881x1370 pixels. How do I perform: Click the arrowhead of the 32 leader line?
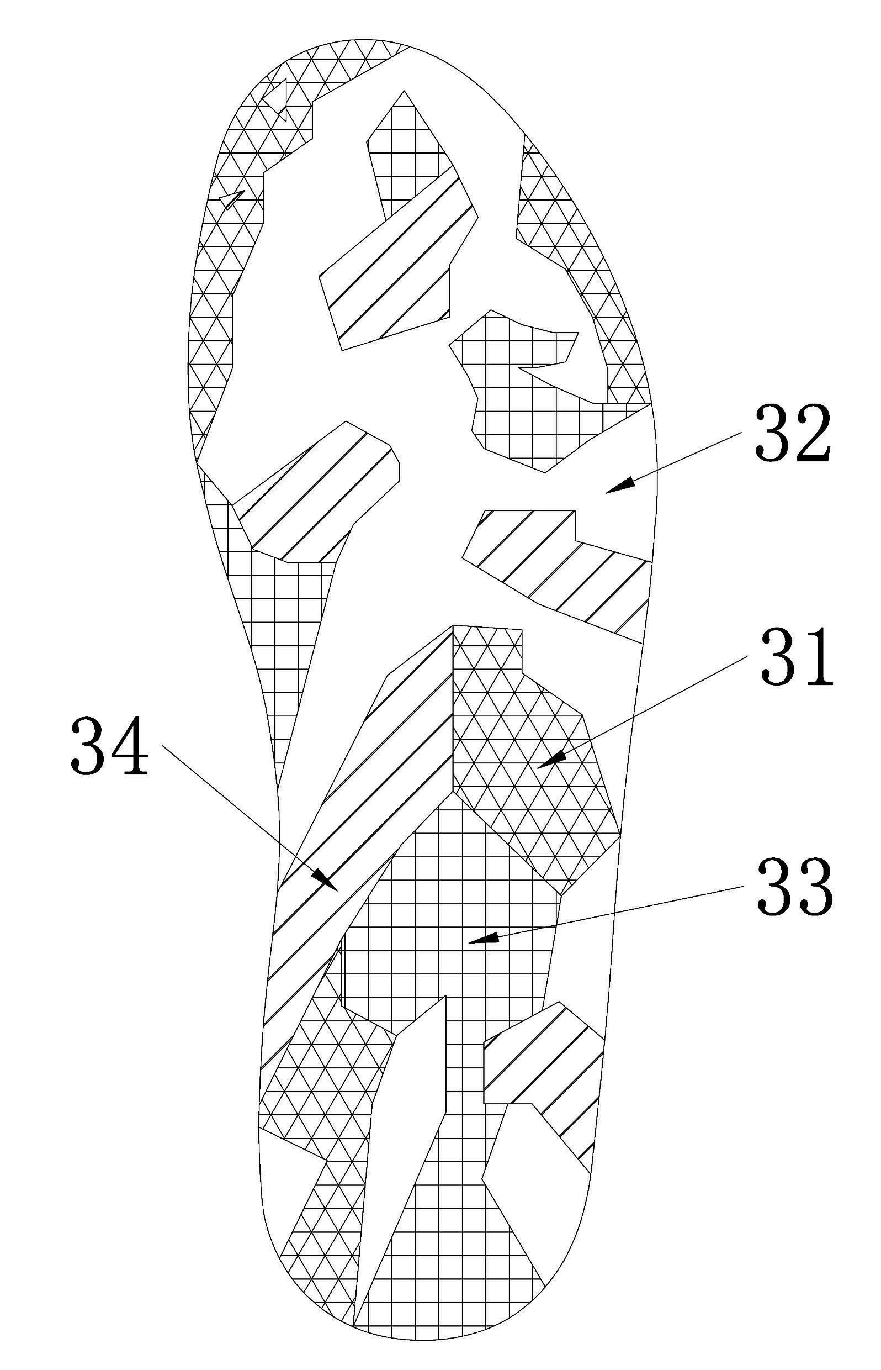click(x=620, y=485)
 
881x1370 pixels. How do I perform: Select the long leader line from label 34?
click(x=251, y=819)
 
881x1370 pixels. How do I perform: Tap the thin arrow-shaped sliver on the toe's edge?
click(x=232, y=199)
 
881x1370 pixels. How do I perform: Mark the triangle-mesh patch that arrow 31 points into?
click(x=532, y=761)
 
